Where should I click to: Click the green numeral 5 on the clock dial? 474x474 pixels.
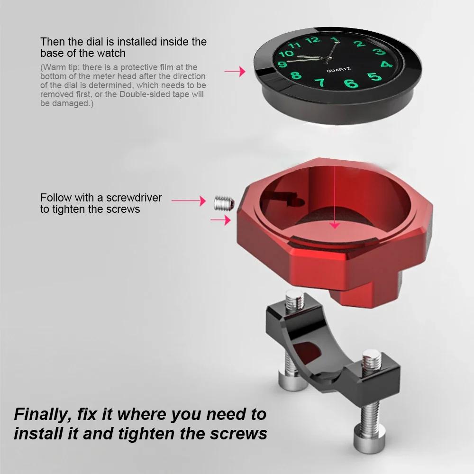[374, 77]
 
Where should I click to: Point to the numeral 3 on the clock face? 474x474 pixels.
[378, 52]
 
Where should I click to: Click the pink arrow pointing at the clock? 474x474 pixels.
[235, 72]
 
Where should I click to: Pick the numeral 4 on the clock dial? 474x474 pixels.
[386, 64]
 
